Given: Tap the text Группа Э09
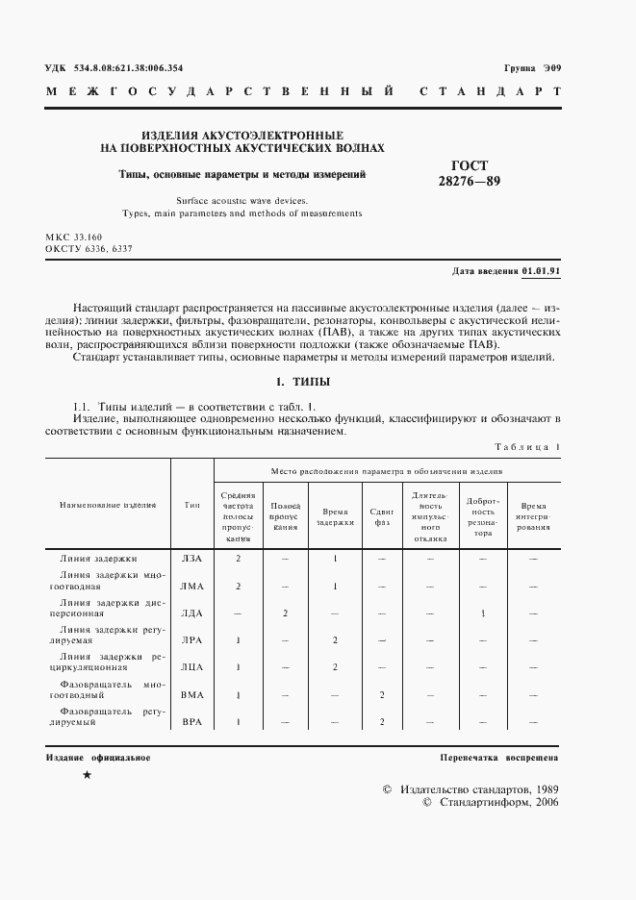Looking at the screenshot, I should coord(532,68).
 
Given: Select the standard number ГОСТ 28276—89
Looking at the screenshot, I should coord(470,173).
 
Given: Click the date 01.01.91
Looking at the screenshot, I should coord(541,272).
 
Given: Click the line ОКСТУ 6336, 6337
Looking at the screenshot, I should coord(89,248).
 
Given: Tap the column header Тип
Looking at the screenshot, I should coord(191,504).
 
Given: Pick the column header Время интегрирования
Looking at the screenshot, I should coord(532,516).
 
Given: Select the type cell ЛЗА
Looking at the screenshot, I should coord(191,558).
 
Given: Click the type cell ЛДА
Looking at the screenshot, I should coord(191,612).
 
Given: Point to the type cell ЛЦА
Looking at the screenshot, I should coord(191,666).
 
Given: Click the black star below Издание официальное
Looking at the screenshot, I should coord(88,775).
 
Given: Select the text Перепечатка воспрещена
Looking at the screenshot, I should coord(499,758).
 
